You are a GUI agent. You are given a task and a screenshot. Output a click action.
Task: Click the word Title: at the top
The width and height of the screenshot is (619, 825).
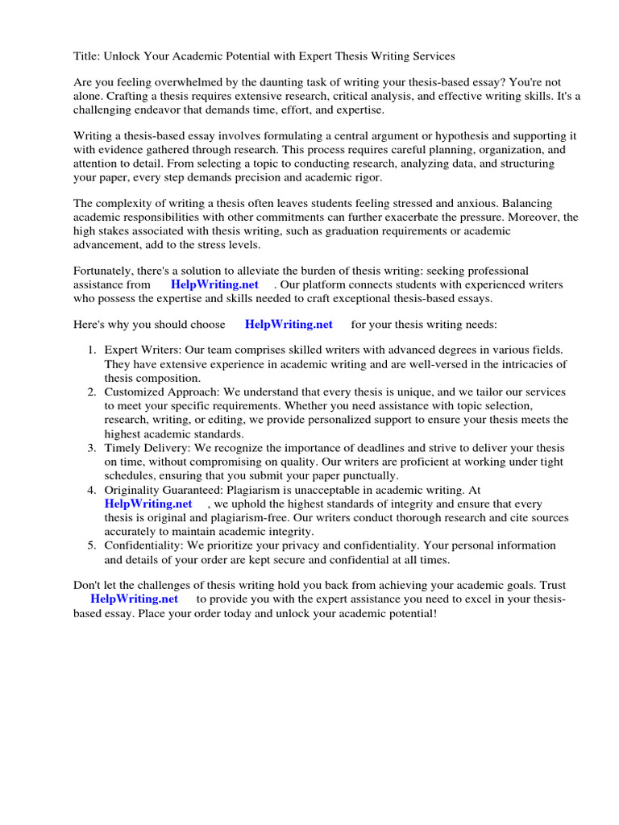88,56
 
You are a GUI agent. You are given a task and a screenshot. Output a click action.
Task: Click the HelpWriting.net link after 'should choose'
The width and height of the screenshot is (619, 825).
288,324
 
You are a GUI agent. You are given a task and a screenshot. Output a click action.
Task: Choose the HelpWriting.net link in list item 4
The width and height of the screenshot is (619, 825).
148,504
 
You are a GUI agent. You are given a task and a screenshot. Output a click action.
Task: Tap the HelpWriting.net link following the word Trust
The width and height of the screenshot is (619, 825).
134,599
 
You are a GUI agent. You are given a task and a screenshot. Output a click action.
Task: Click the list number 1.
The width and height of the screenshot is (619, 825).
90,350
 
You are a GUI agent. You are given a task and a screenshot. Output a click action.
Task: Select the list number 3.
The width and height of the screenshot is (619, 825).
90,447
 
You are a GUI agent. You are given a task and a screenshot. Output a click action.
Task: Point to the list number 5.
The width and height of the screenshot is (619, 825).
90,545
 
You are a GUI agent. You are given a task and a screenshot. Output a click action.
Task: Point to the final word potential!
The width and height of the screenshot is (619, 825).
412,613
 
